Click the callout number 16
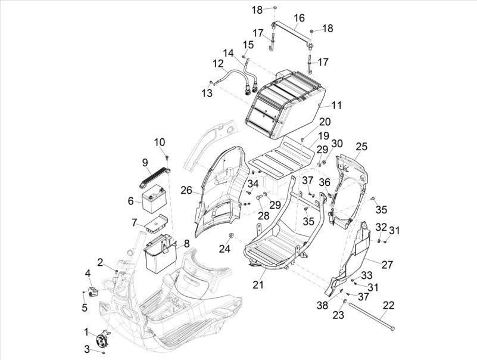pyautogui.click(x=299, y=17)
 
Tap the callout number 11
pyautogui.click(x=336, y=105)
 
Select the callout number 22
pyautogui.click(x=388, y=306)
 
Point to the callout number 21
pyautogui.click(x=257, y=285)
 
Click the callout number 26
pyautogui.click(x=186, y=191)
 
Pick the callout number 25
pyautogui.click(x=361, y=146)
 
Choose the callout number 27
pyautogui.click(x=387, y=265)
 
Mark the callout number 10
pyautogui.click(x=160, y=142)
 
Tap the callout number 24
pyautogui.click(x=225, y=248)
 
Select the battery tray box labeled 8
pyautogui.click(x=160, y=253)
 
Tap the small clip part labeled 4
pyautogui.click(x=92, y=291)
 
